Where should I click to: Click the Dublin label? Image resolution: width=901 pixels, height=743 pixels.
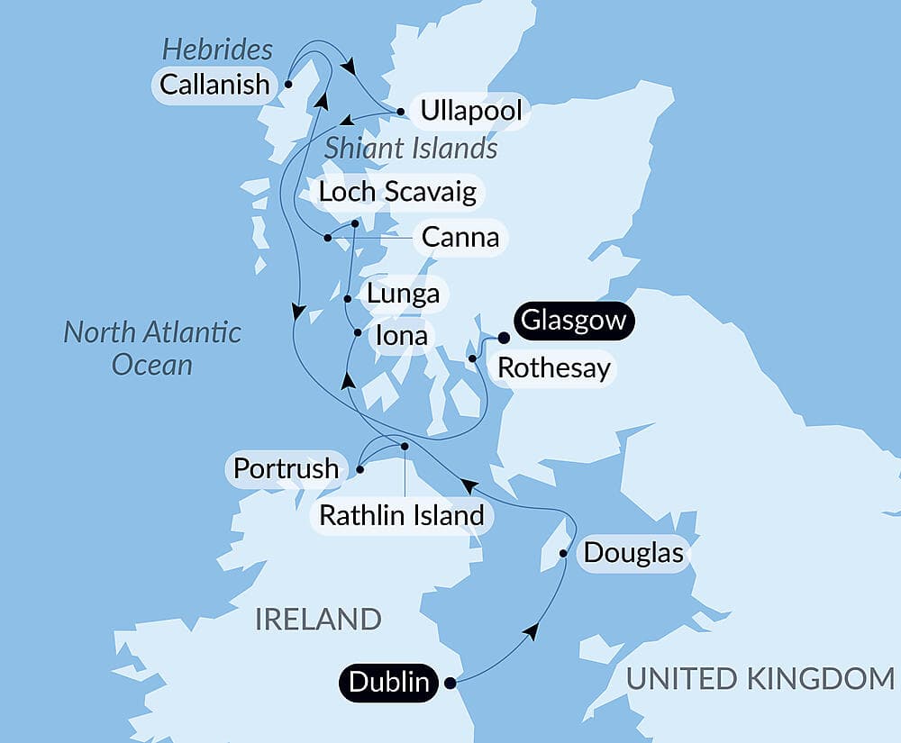(x=389, y=682)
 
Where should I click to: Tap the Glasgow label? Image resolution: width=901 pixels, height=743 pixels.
(x=573, y=322)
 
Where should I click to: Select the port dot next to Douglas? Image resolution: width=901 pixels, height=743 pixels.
(x=564, y=553)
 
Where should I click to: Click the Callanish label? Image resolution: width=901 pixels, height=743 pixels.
(x=214, y=85)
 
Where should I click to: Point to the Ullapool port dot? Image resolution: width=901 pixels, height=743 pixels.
(x=399, y=113)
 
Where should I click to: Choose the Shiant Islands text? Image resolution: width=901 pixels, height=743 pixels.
(x=411, y=148)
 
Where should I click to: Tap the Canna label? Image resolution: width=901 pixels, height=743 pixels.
(x=460, y=238)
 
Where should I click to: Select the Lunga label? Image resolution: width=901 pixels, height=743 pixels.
(x=403, y=294)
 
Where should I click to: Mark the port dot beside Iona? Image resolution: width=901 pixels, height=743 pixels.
(x=358, y=333)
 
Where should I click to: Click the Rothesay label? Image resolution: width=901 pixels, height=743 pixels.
(x=553, y=367)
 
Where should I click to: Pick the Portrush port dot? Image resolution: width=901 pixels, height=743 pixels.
(x=359, y=468)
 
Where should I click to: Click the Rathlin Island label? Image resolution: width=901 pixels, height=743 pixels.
(x=402, y=516)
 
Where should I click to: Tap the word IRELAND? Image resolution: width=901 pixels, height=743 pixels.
(x=318, y=620)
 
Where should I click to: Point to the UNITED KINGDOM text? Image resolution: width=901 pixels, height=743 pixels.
(x=760, y=678)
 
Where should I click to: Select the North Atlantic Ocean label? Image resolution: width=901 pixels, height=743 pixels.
(x=152, y=348)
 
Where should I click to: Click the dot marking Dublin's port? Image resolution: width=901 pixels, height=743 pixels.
(x=450, y=683)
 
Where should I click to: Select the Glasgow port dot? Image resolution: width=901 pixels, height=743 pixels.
(x=504, y=338)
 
